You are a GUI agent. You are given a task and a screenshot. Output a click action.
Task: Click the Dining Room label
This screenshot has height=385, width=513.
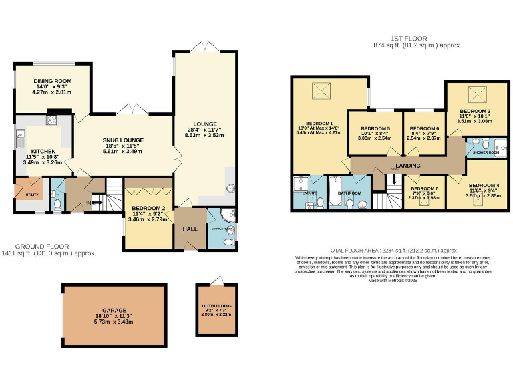coord(53,81)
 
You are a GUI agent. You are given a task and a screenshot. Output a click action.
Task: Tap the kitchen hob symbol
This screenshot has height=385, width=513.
coord(51,121)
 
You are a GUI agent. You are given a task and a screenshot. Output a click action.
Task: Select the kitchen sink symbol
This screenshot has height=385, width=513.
coord(20,138)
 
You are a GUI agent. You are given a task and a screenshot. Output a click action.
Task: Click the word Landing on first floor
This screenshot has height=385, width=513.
coord(407,166)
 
